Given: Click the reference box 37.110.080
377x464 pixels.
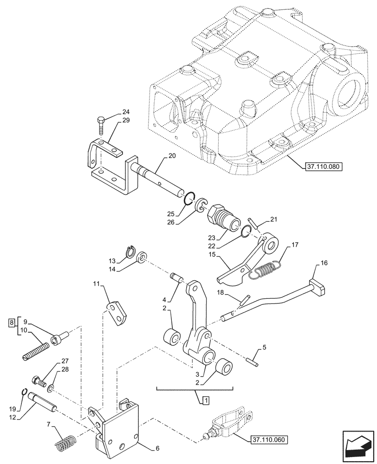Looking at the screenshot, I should [324, 166].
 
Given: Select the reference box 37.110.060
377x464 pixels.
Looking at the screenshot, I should [267, 439].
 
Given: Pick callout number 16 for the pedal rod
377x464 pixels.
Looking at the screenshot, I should [324, 263].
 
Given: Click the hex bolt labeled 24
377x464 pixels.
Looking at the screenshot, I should [101, 125].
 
